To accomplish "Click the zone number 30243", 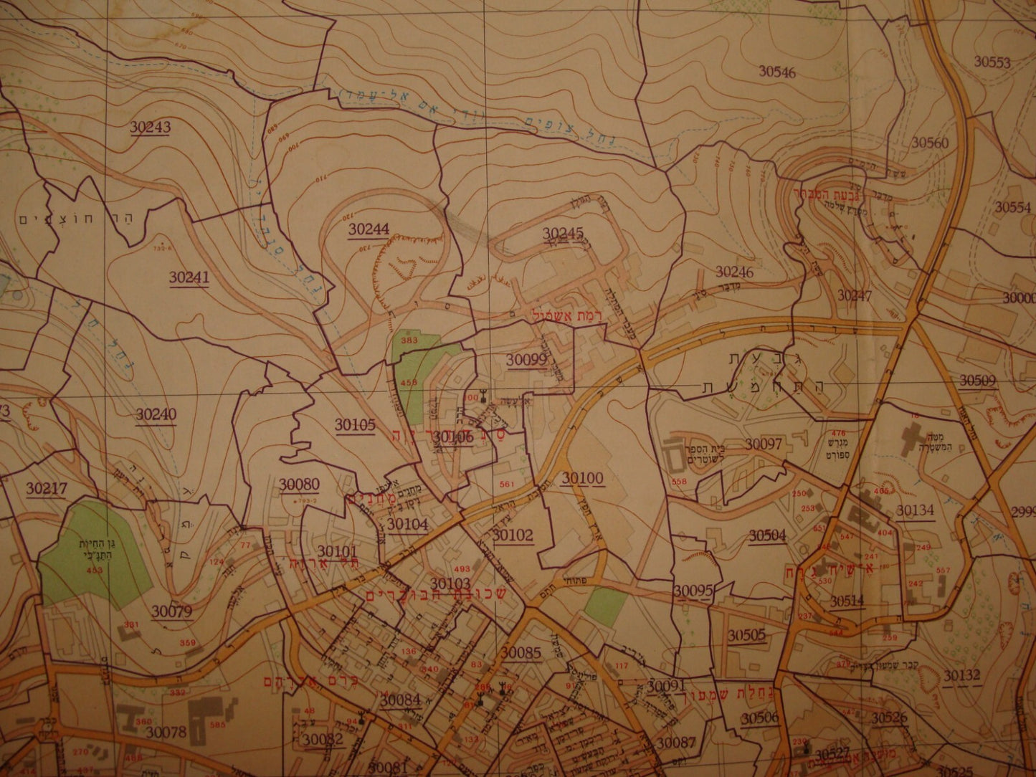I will click(x=150, y=127).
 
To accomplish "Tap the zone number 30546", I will click(x=777, y=71).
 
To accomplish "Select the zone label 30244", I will click(x=369, y=229).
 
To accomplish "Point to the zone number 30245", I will click(x=563, y=233).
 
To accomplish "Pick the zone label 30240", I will click(x=156, y=414).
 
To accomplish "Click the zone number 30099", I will click(x=527, y=361).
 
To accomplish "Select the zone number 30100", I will click(x=582, y=478).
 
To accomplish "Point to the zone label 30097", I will click(x=763, y=444).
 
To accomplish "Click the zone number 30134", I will click(x=916, y=510).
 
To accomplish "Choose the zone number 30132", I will click(x=961, y=674).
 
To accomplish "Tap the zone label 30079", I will click(x=171, y=611).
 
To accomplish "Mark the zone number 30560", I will click(x=930, y=143).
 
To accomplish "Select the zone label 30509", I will click(x=978, y=381).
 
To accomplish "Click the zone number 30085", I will click(x=521, y=653).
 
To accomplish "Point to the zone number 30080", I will click(x=300, y=485).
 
